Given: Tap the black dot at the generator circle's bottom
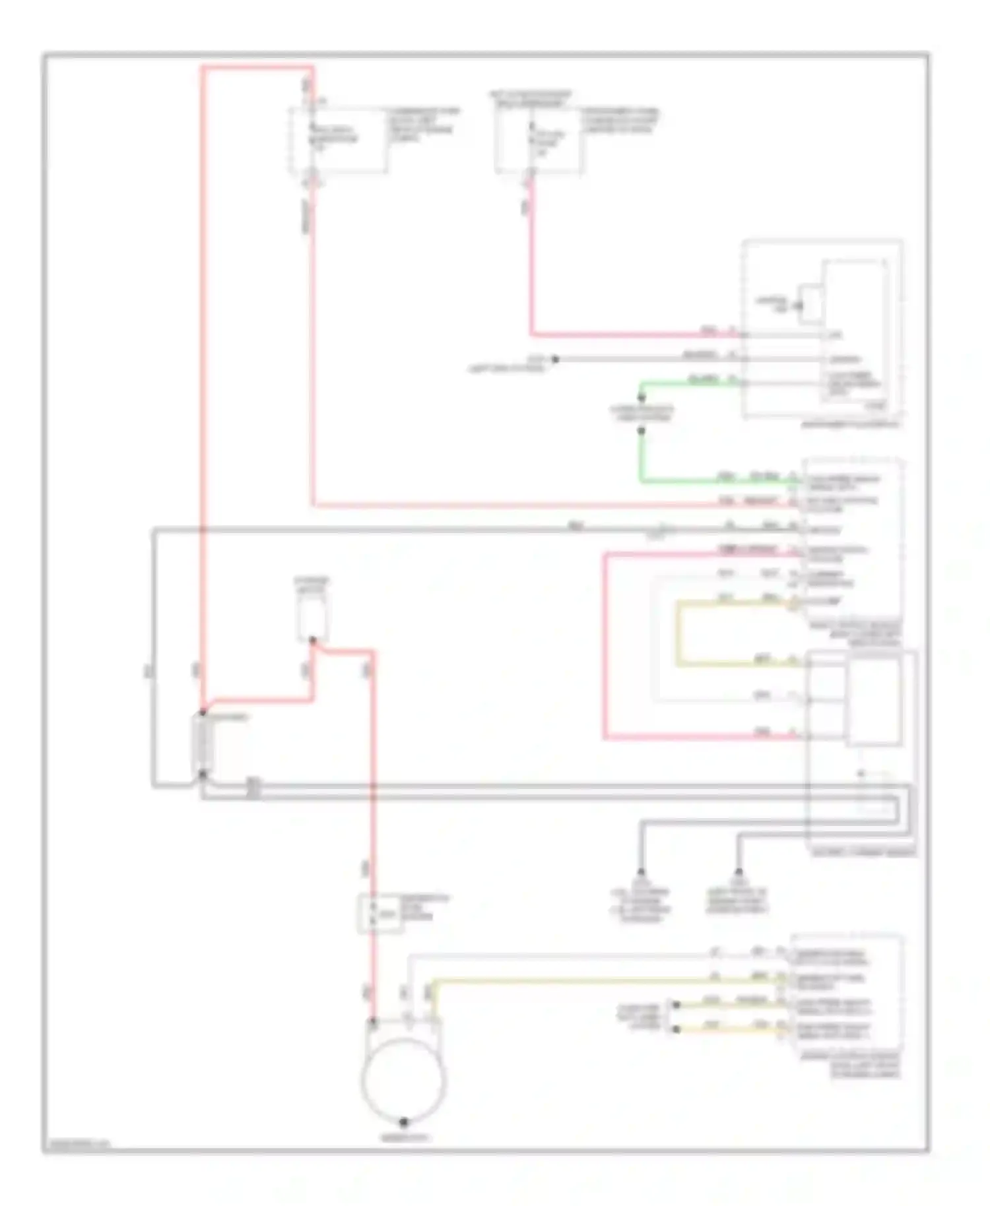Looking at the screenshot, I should pyautogui.click(x=403, y=1122).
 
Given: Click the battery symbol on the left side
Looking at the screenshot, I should pyautogui.click(x=203, y=744).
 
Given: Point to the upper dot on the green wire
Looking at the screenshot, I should pyautogui.click(x=641, y=398).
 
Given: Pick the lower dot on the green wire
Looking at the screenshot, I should pyautogui.click(x=641, y=431).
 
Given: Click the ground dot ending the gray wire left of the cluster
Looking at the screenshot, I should pyautogui.click(x=555, y=360).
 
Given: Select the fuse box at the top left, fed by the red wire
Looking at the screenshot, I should pyautogui.click(x=338, y=142).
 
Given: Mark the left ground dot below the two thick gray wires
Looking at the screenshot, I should pyautogui.click(x=640, y=872).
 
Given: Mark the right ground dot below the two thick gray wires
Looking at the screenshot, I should pyautogui.click(x=739, y=872).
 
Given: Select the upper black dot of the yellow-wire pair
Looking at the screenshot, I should pyautogui.click(x=675, y=1005).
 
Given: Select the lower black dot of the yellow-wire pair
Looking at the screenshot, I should pyautogui.click(x=675, y=1029).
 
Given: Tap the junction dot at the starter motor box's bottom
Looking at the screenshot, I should pyautogui.click(x=313, y=640).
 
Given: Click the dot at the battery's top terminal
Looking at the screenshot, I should pyautogui.click(x=203, y=713).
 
